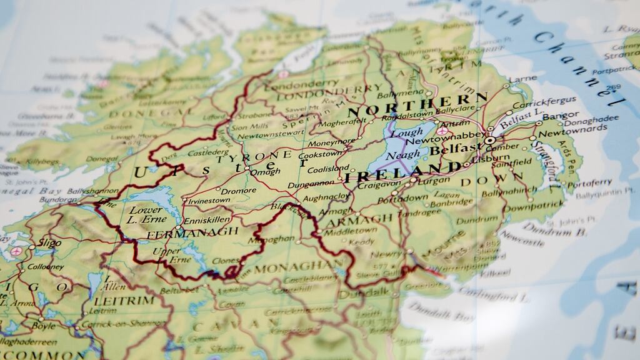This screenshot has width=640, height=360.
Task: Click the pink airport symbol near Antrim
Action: click(442, 131)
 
